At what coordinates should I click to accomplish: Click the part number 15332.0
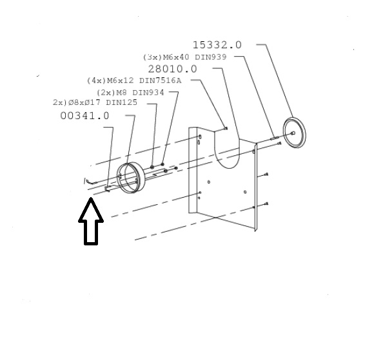tap(217, 45)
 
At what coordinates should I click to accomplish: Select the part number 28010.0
tap(172, 69)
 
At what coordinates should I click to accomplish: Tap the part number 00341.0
tap(84, 116)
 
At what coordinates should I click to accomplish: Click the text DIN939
tap(211, 57)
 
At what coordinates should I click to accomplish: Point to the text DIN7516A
tap(161, 81)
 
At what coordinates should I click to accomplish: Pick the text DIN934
tap(148, 92)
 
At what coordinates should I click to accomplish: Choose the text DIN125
tap(122, 102)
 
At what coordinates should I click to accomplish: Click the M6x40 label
tap(176, 57)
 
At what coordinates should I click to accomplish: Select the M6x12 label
tap(121, 81)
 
